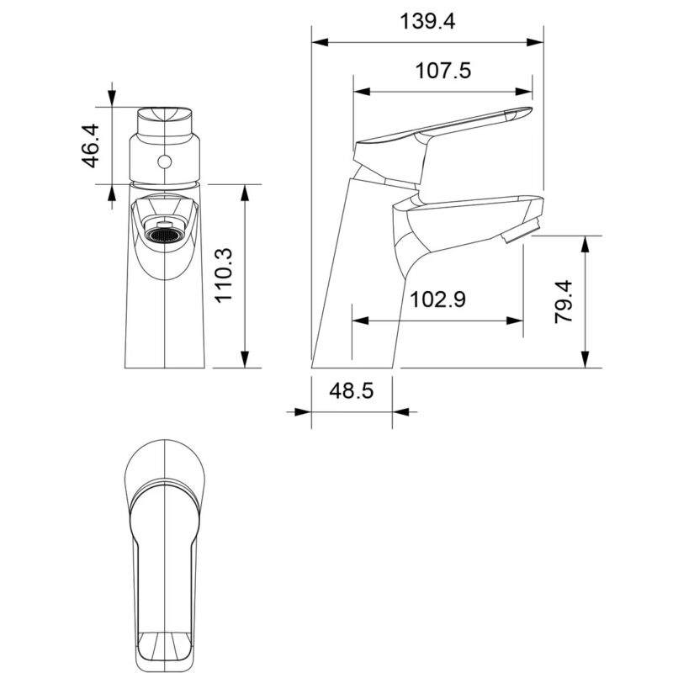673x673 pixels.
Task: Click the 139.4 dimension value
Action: [x=427, y=22]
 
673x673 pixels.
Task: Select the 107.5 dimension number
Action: [x=443, y=71]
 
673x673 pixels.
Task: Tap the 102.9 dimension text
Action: [x=437, y=299]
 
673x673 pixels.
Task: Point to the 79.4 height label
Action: [x=564, y=301]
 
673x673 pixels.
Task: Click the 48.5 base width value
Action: [x=352, y=391]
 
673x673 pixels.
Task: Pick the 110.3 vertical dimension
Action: [x=223, y=276]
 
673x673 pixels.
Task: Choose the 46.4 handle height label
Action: [x=90, y=146]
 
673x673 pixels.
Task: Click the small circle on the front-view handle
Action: [x=164, y=162]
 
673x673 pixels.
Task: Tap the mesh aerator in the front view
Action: [x=162, y=235]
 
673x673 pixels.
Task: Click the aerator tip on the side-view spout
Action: [x=520, y=231]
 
